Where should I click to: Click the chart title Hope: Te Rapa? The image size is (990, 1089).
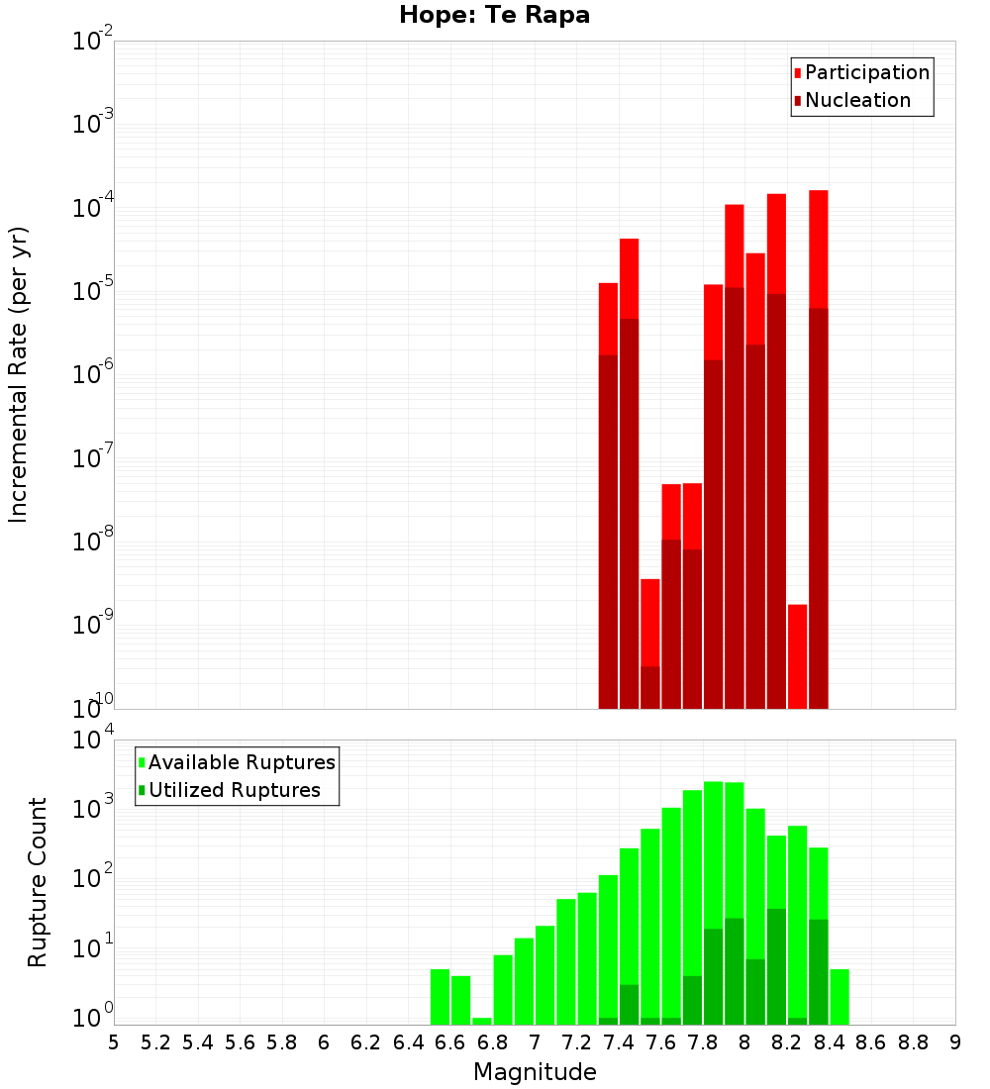[x=494, y=16]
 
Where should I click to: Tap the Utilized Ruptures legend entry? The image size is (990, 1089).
[x=234, y=790]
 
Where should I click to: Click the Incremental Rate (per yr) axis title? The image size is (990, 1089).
[x=19, y=375]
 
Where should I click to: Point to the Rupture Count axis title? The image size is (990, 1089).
[x=38, y=882]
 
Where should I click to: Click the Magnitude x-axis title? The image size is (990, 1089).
[x=535, y=1072]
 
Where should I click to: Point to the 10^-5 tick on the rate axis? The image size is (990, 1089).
[x=93, y=291]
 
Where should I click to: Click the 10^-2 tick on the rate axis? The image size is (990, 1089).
[x=93, y=42]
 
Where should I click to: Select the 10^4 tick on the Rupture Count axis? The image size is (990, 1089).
[x=93, y=741]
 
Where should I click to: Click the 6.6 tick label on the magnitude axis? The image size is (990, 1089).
[x=450, y=1042]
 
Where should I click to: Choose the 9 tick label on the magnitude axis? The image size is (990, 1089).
[x=954, y=1042]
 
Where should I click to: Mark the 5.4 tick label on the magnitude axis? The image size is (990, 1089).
[x=198, y=1042]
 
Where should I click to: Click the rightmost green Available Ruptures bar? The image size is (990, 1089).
[x=839, y=997]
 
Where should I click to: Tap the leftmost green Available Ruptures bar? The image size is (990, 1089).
[x=440, y=997]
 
